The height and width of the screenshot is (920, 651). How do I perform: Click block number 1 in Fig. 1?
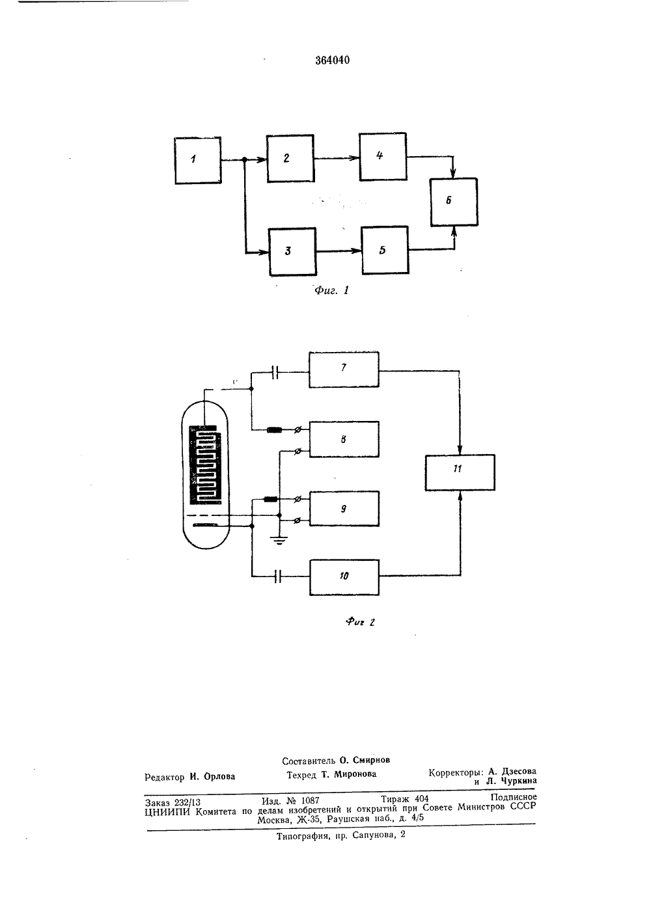click(x=198, y=160)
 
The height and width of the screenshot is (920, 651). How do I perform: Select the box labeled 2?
click(x=290, y=158)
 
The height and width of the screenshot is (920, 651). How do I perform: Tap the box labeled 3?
click(x=292, y=251)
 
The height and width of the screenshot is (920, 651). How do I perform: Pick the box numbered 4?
click(x=383, y=157)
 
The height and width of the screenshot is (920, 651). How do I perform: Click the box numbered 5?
click(x=385, y=250)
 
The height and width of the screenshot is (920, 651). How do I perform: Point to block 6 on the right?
click(x=454, y=202)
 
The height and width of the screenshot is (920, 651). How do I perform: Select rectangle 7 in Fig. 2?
click(x=344, y=369)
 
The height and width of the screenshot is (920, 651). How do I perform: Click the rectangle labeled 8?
click(x=344, y=439)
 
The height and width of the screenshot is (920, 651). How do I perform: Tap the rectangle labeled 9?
click(x=344, y=508)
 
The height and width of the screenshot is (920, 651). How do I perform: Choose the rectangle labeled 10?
click(x=344, y=577)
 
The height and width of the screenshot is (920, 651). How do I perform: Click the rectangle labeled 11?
click(x=460, y=472)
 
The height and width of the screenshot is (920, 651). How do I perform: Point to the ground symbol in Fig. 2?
click(x=279, y=540)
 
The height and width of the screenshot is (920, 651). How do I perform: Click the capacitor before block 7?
click(x=276, y=373)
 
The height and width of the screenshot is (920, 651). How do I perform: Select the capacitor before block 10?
click(x=278, y=576)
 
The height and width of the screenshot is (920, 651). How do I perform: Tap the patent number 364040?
click(x=333, y=60)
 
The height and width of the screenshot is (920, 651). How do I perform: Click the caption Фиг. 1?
click(x=331, y=290)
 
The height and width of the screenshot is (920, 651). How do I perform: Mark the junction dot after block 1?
click(x=245, y=159)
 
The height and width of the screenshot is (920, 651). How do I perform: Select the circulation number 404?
click(x=422, y=798)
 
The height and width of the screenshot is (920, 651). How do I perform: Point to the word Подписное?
click(x=514, y=797)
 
